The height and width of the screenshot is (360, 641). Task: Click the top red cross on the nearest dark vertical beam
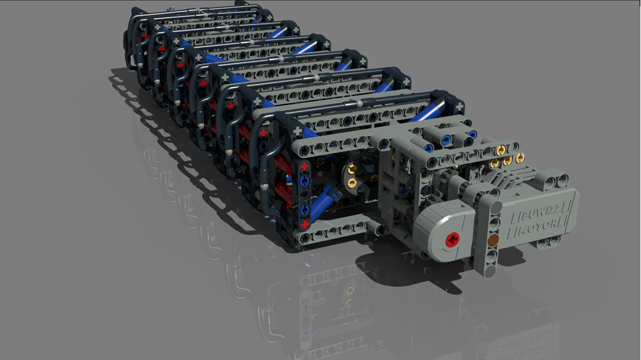point(304,167)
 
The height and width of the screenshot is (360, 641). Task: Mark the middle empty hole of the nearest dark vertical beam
point(304,195)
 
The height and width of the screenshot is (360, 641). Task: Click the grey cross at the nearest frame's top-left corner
point(297,131)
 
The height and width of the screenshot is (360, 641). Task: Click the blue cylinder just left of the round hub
point(325,200)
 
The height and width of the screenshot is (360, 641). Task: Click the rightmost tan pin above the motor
point(519,157)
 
